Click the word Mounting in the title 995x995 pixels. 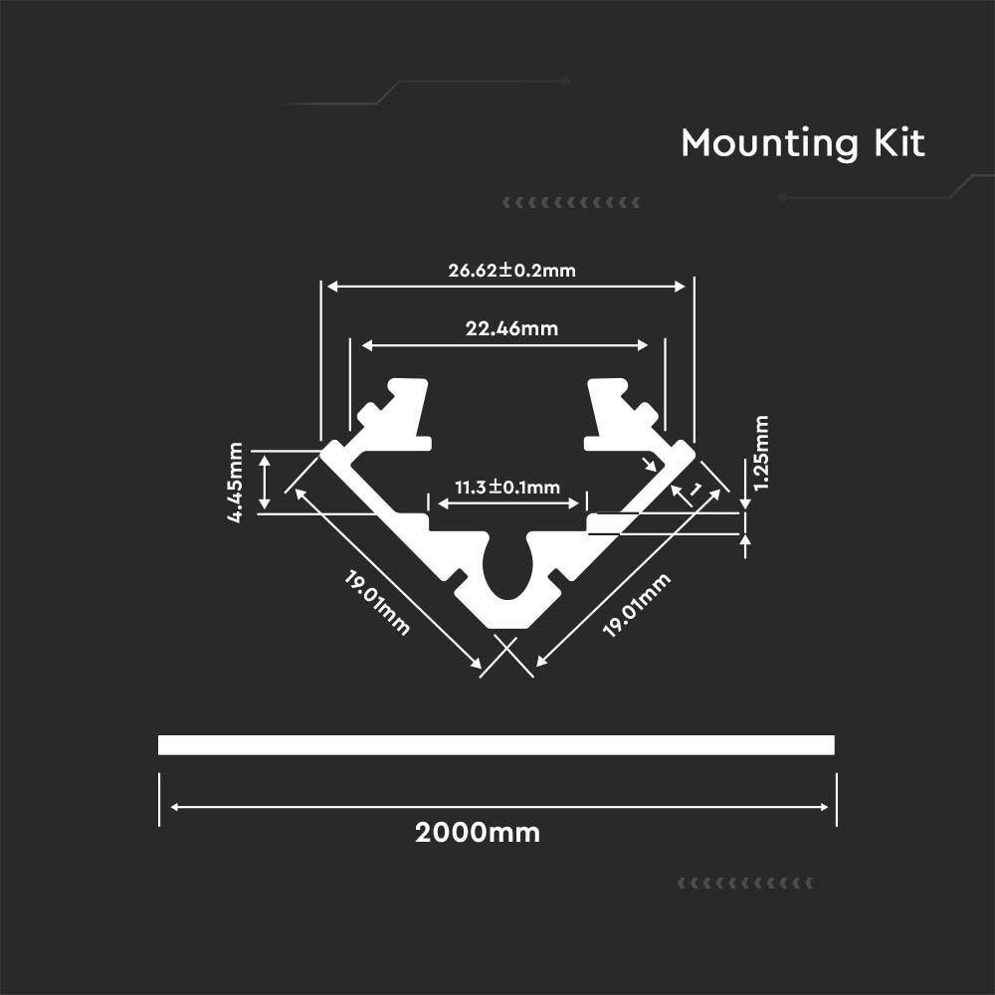[x=770, y=143]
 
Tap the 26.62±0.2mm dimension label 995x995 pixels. [x=512, y=271]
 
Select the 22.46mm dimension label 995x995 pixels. [x=511, y=328]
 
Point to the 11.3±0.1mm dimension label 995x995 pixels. [x=507, y=488]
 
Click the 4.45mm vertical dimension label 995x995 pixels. [x=236, y=483]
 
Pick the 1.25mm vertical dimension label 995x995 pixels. [x=761, y=453]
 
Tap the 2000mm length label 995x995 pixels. [x=478, y=833]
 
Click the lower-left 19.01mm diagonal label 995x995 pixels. [x=377, y=603]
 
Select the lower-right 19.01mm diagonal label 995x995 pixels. [x=637, y=605]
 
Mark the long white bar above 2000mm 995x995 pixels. [x=497, y=745]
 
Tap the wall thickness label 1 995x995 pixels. [x=696, y=490]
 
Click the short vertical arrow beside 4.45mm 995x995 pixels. [x=266, y=482]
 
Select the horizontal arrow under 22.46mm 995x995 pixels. [x=505, y=346]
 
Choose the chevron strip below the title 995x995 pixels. [x=571, y=203]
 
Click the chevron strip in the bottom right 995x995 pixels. [x=745, y=884]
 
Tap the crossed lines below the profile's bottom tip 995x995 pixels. [x=506, y=656]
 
